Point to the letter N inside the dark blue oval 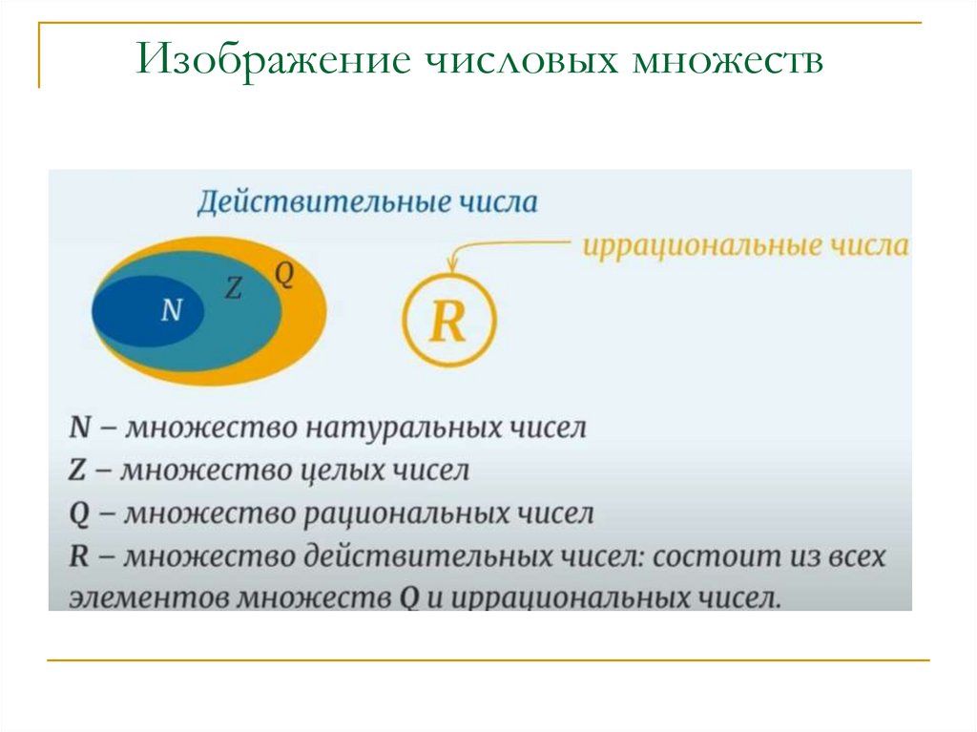(x=172, y=309)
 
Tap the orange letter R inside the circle (x=447, y=324)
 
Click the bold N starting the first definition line (x=80, y=428)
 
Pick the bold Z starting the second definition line (x=79, y=471)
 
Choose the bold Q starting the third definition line (x=80, y=514)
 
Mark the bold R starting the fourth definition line (x=80, y=557)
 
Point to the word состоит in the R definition (x=708, y=557)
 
